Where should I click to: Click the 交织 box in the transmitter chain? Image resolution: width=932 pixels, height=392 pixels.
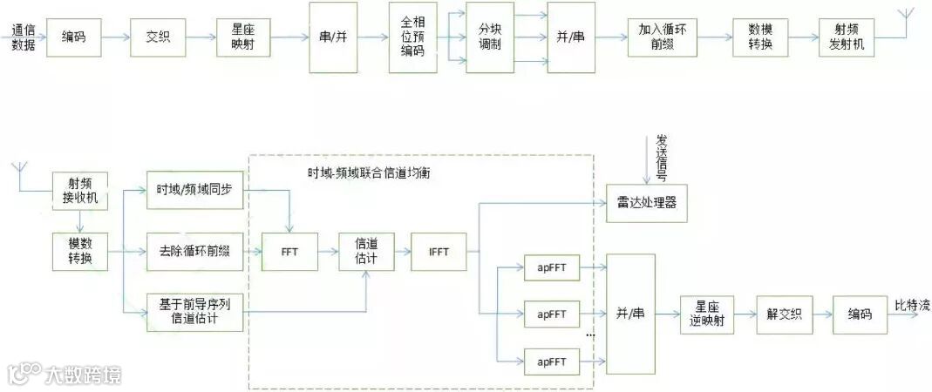158,38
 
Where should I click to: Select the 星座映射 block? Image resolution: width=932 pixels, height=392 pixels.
244,38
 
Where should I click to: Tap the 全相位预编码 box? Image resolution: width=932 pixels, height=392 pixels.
413,38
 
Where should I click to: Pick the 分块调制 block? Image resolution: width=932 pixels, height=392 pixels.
490,38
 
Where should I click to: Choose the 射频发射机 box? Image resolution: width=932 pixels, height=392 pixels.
847,38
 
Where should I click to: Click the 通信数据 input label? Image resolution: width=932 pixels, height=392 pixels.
24,38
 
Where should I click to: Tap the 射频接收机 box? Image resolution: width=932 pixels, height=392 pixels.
80,189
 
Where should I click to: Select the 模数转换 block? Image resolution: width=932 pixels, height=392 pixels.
80,252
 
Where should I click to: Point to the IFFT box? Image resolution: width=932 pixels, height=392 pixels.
439,252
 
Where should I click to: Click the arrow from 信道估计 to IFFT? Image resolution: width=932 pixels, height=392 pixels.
402,252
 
